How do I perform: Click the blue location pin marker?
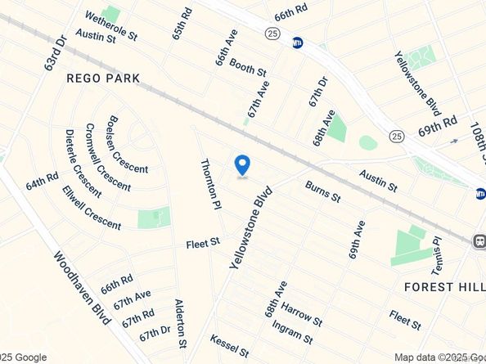(x=242, y=165)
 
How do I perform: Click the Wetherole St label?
(x=110, y=25)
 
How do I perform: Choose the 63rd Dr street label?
(x=55, y=52)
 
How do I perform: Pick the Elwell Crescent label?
(x=91, y=208)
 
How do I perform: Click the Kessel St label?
(x=229, y=345)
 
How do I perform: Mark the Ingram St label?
(x=292, y=333)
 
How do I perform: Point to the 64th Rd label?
(x=42, y=181)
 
